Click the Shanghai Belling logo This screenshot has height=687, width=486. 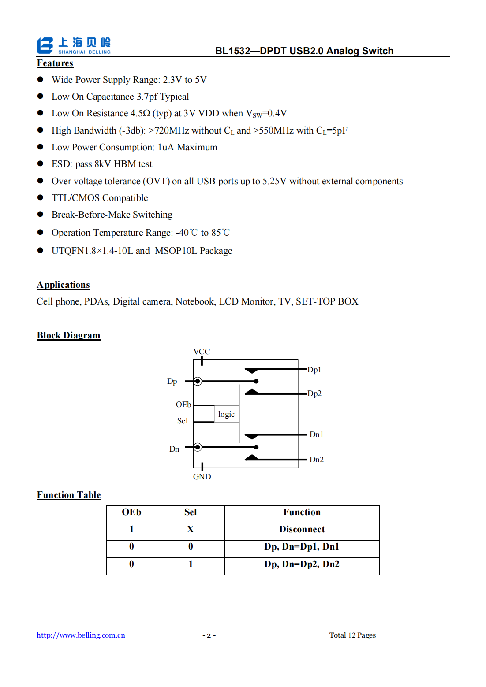coord(73,45)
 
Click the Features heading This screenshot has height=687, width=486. coord(55,63)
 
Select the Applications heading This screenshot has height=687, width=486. coord(63,285)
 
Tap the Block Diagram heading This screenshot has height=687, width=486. coord(68,335)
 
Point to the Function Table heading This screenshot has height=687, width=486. coord(69,495)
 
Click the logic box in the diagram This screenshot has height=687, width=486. coord(226,414)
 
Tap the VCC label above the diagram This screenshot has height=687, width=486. coord(202,352)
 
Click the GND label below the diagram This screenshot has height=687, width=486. coord(202,477)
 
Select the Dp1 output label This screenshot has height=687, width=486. coord(314,370)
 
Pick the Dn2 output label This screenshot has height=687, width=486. coord(316,460)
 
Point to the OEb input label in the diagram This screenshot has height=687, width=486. coord(183,405)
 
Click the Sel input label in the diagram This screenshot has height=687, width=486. coord(182,421)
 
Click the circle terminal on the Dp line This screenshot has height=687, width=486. coord(198,381)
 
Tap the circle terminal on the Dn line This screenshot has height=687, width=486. coord(198,447)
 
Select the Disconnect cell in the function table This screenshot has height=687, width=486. coord(302,529)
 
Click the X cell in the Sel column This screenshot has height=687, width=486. coord(190,529)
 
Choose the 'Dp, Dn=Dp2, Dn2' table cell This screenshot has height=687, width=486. coord(302,564)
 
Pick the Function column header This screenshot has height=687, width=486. coord(302,512)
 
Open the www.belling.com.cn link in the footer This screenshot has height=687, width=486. coord(81,635)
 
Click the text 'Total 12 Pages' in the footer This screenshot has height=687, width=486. coord(352,635)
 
